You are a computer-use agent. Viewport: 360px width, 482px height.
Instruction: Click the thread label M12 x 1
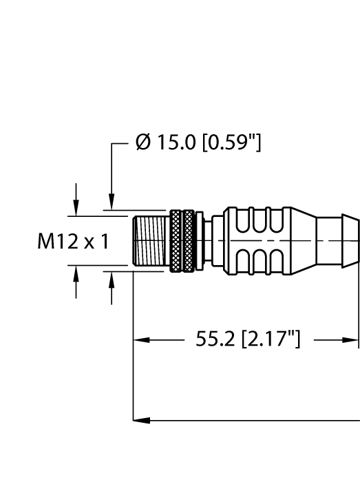tap(73, 242)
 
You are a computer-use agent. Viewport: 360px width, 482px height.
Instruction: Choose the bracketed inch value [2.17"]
tap(268, 339)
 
